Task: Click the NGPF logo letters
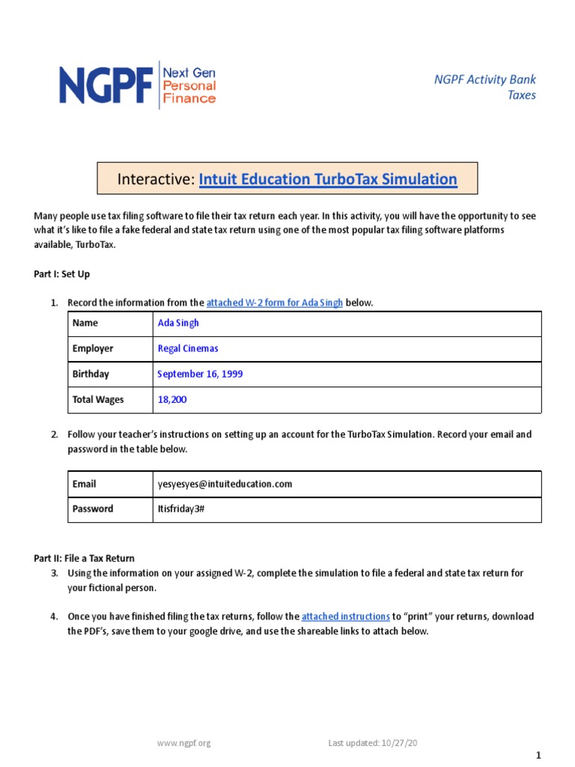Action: click(x=106, y=85)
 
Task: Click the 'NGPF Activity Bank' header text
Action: click(x=485, y=79)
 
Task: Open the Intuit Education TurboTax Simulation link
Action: click(x=328, y=179)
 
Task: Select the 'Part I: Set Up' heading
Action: click(x=62, y=274)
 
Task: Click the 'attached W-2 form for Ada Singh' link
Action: click(x=274, y=303)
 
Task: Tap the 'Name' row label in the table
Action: click(x=85, y=324)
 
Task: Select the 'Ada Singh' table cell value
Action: click(x=178, y=324)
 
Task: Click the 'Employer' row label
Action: click(x=93, y=348)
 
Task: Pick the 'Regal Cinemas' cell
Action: click(x=188, y=348)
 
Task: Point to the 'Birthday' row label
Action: click(x=91, y=374)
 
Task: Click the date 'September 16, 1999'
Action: click(x=200, y=374)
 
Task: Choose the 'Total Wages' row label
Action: click(x=98, y=399)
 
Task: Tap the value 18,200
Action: click(x=172, y=399)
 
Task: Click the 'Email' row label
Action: click(x=84, y=484)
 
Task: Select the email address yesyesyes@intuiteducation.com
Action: click(x=225, y=484)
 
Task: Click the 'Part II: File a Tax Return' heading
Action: click(x=84, y=558)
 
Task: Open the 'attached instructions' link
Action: click(x=345, y=616)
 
